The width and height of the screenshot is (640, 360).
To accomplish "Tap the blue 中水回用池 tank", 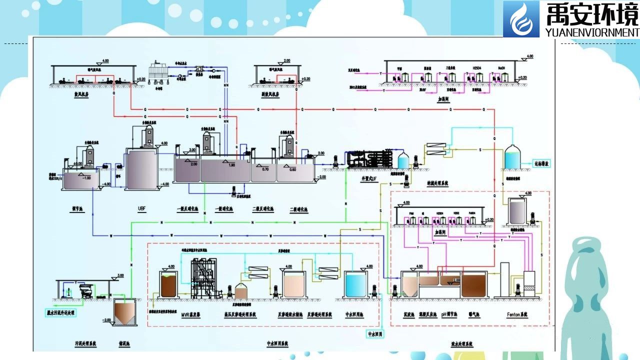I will coord(356,285).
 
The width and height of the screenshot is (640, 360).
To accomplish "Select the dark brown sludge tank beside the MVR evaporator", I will coord(169,285).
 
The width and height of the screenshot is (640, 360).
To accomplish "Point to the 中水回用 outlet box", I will coord(374,333).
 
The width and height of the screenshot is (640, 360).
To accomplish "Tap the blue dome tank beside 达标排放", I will coord(511,157).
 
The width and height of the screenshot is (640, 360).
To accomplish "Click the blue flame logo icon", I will coord(521,19).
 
